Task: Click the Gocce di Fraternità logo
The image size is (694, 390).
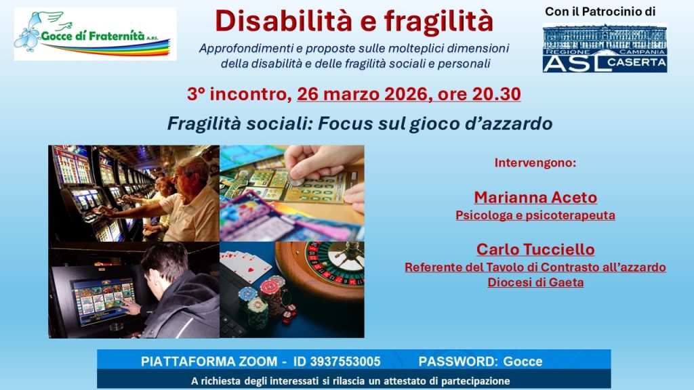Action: [x=95, y=34]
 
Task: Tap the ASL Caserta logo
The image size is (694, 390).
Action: [x=605, y=48]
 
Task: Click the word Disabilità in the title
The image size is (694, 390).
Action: [x=283, y=21]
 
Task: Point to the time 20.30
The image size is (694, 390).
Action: [x=496, y=94]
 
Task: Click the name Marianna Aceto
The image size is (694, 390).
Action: [x=535, y=197]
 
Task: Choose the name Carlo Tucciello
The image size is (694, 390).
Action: [x=535, y=249]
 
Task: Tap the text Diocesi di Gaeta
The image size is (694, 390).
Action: [x=535, y=282]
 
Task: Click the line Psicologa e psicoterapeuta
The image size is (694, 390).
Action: [x=535, y=215]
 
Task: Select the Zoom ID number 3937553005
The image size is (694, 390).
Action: [x=345, y=362]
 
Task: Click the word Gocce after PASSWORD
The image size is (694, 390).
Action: [x=523, y=362]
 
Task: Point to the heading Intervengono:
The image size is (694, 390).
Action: [x=535, y=162]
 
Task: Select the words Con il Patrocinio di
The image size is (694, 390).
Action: [x=600, y=12]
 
